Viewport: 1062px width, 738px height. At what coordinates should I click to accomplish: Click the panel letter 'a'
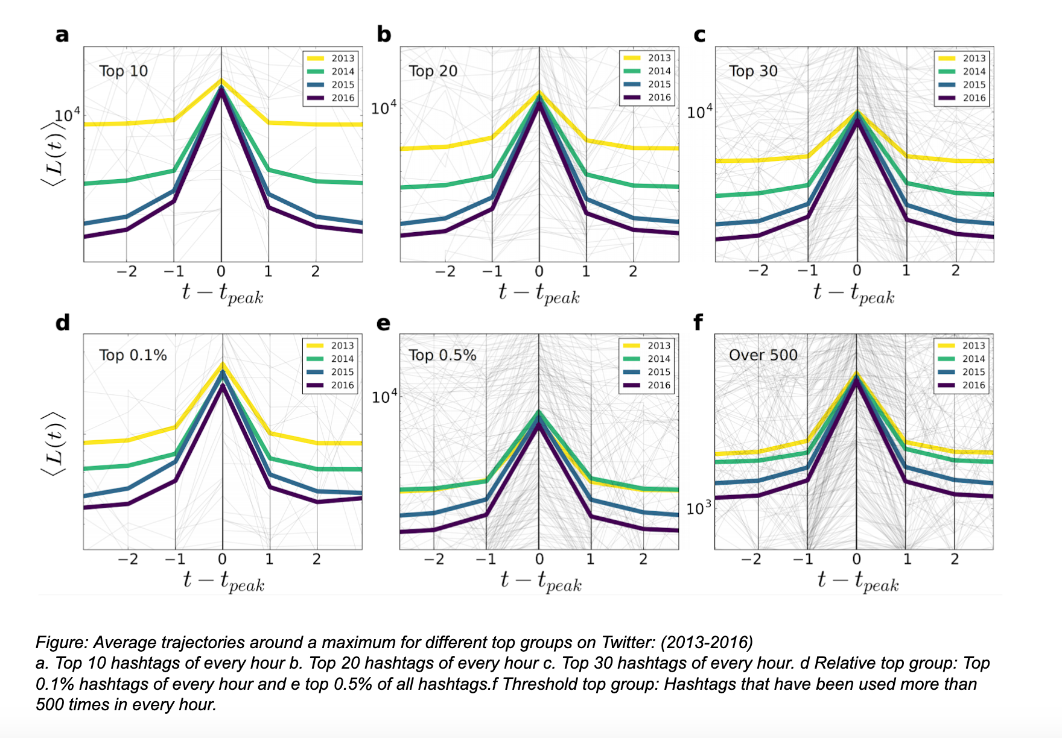click(x=62, y=35)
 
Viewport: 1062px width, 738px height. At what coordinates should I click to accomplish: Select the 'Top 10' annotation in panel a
click(x=123, y=71)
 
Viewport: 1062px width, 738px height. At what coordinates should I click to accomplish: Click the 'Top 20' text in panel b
click(x=433, y=71)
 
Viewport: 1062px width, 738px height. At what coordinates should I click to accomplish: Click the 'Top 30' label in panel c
click(x=753, y=71)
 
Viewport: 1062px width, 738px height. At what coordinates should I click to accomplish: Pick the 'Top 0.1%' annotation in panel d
click(x=133, y=355)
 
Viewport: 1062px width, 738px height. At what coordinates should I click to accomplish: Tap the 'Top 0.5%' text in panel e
click(x=442, y=355)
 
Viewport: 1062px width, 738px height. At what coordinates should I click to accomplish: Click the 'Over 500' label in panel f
click(x=763, y=355)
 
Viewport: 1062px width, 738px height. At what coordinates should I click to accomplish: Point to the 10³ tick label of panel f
click(x=699, y=508)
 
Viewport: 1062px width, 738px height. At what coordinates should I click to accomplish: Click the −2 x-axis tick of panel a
click(x=127, y=272)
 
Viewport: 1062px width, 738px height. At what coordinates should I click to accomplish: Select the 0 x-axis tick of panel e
click(x=539, y=560)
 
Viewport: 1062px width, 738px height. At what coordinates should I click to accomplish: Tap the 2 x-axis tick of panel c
click(x=955, y=271)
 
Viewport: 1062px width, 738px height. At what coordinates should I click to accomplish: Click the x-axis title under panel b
click(x=539, y=294)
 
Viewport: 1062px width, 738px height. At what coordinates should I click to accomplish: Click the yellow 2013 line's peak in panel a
click(x=221, y=80)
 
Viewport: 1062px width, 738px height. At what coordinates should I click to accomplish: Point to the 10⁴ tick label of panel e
click(x=384, y=397)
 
